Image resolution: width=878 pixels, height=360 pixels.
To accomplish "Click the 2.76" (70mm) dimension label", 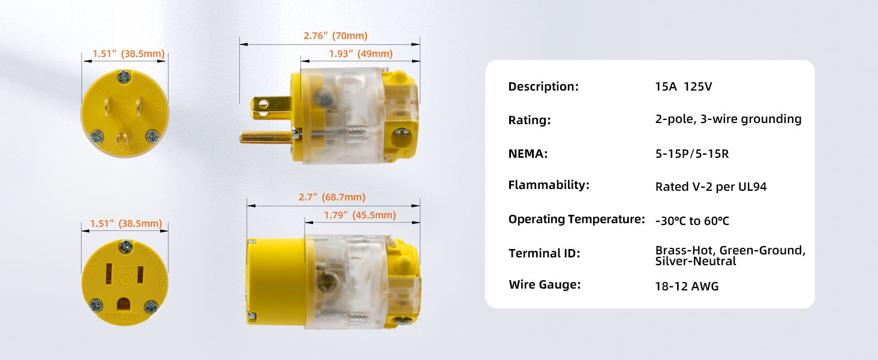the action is point(335,35).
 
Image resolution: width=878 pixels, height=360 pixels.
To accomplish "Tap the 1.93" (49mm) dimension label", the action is point(360,54).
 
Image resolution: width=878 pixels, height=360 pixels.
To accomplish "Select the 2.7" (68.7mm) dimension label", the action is point(332,197).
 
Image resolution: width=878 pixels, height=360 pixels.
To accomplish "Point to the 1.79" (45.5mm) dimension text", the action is point(360,215).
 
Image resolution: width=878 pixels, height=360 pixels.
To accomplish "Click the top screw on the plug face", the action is point(124,77).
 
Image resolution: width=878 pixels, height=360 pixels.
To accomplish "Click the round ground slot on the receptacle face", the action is point(124,304).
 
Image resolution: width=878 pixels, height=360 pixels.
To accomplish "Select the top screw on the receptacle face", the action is point(126,247).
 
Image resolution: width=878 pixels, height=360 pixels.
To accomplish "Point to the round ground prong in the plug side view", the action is point(266,137).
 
